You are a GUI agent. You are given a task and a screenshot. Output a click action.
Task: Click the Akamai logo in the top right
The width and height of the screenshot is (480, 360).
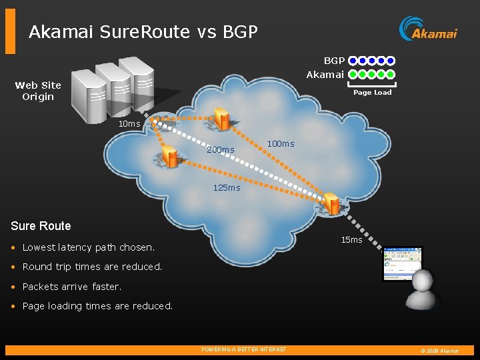click(428, 29)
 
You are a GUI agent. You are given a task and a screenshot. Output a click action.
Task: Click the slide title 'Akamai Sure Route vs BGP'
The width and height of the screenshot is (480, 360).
click(143, 31)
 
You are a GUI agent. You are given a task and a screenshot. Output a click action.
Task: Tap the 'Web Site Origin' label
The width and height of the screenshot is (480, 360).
click(38, 91)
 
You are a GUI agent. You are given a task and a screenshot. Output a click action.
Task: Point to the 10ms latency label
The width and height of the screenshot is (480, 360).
click(129, 123)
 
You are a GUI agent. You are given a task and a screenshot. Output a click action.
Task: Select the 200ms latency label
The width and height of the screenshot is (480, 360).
click(220, 149)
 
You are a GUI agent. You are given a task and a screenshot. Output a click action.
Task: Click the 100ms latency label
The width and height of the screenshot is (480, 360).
click(280, 143)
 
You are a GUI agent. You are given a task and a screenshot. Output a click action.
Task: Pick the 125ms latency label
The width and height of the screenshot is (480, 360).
click(227, 187)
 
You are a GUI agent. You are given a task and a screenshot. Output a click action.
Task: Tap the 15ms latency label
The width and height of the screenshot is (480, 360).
click(351, 239)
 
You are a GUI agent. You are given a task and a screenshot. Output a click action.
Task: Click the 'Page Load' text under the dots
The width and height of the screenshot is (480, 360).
click(372, 93)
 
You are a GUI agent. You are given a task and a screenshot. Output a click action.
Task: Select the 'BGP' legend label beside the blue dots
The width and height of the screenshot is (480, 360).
click(334, 61)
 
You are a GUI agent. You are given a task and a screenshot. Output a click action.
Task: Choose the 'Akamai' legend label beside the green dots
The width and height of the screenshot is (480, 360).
click(325, 74)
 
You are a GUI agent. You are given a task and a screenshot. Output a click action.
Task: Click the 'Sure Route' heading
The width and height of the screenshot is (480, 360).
click(41, 225)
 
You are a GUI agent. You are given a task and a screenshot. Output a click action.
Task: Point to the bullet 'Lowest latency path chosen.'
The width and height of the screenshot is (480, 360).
click(88, 247)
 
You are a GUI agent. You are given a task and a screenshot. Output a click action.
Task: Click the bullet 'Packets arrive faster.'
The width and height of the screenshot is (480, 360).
click(72, 287)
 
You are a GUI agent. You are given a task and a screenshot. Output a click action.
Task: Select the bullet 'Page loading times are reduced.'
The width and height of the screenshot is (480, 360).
click(97, 306)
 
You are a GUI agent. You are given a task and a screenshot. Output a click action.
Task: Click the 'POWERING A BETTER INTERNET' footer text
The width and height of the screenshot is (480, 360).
click(243, 349)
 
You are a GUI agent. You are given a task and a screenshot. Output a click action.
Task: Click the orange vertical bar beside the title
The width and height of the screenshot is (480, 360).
click(10, 31)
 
